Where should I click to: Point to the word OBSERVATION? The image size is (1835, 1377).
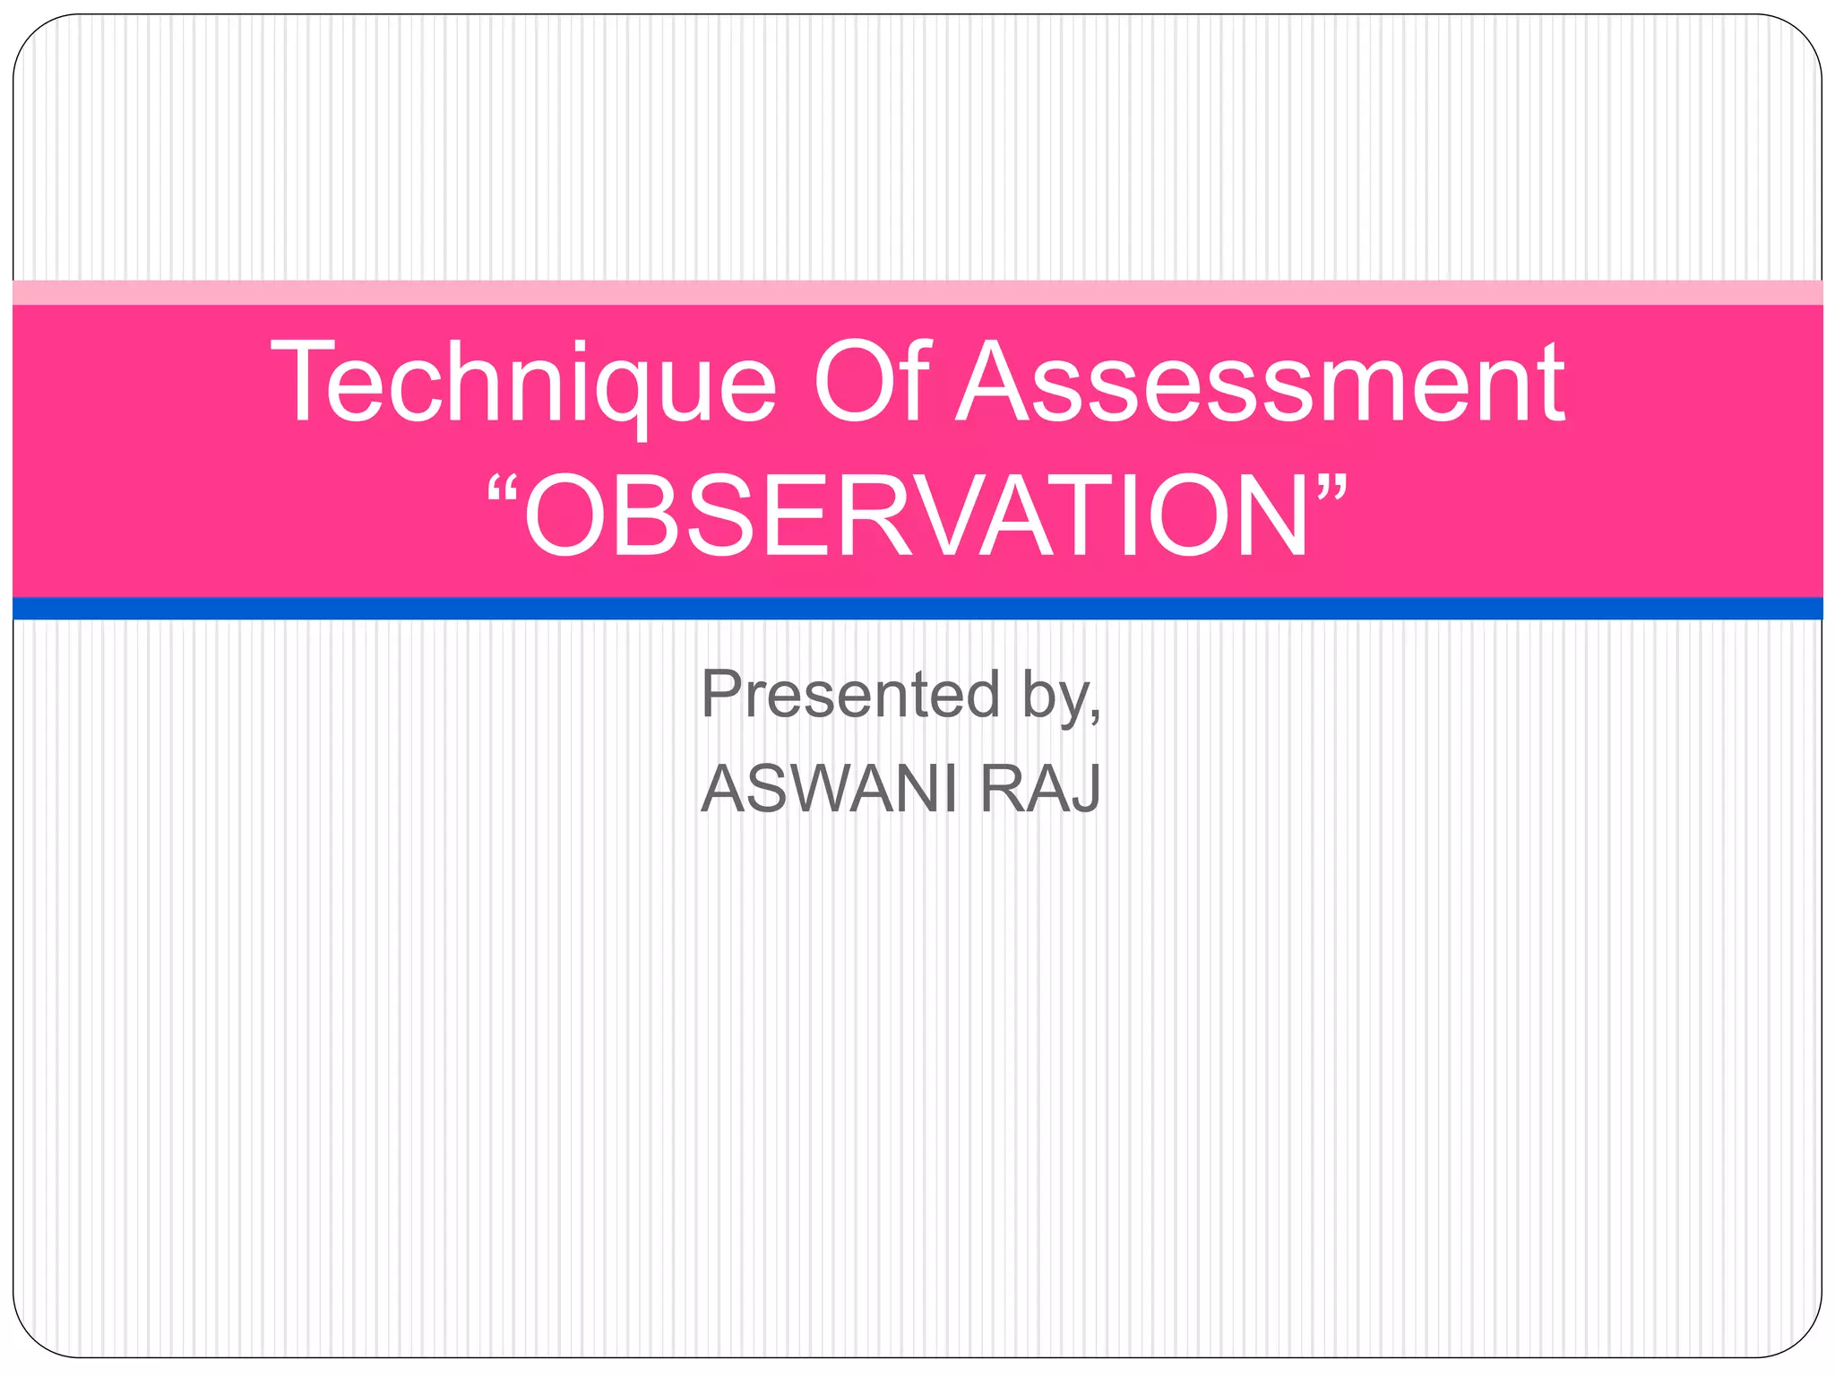click(917, 517)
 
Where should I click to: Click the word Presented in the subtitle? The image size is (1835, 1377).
click(850, 694)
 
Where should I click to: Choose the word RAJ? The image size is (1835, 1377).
click(1040, 789)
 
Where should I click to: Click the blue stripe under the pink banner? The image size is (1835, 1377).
click(917, 608)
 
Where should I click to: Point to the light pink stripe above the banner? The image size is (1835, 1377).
click(917, 292)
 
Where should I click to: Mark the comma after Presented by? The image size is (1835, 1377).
click(1095, 714)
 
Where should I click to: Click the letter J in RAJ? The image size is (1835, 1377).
click(1086, 789)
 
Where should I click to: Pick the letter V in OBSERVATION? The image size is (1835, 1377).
click(967, 517)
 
